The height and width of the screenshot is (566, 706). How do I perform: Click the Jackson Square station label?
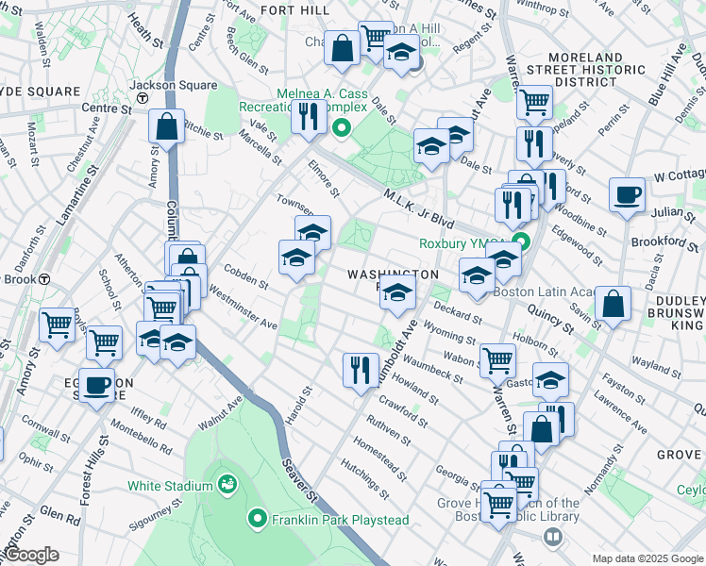[x=185, y=85]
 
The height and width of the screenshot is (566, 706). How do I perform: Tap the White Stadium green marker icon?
[x=227, y=486]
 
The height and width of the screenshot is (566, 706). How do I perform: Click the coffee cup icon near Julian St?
[x=627, y=196]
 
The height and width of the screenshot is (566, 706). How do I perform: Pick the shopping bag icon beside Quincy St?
[x=613, y=304]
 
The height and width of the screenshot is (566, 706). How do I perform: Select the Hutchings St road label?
[x=364, y=479]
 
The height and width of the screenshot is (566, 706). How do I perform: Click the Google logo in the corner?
[x=31, y=556]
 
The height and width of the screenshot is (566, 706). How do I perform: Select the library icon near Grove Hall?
[x=553, y=537]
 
